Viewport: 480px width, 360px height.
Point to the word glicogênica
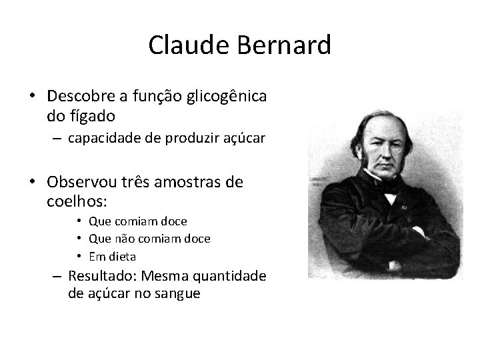(x=231, y=97)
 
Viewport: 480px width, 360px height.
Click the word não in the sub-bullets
(x=133, y=238)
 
